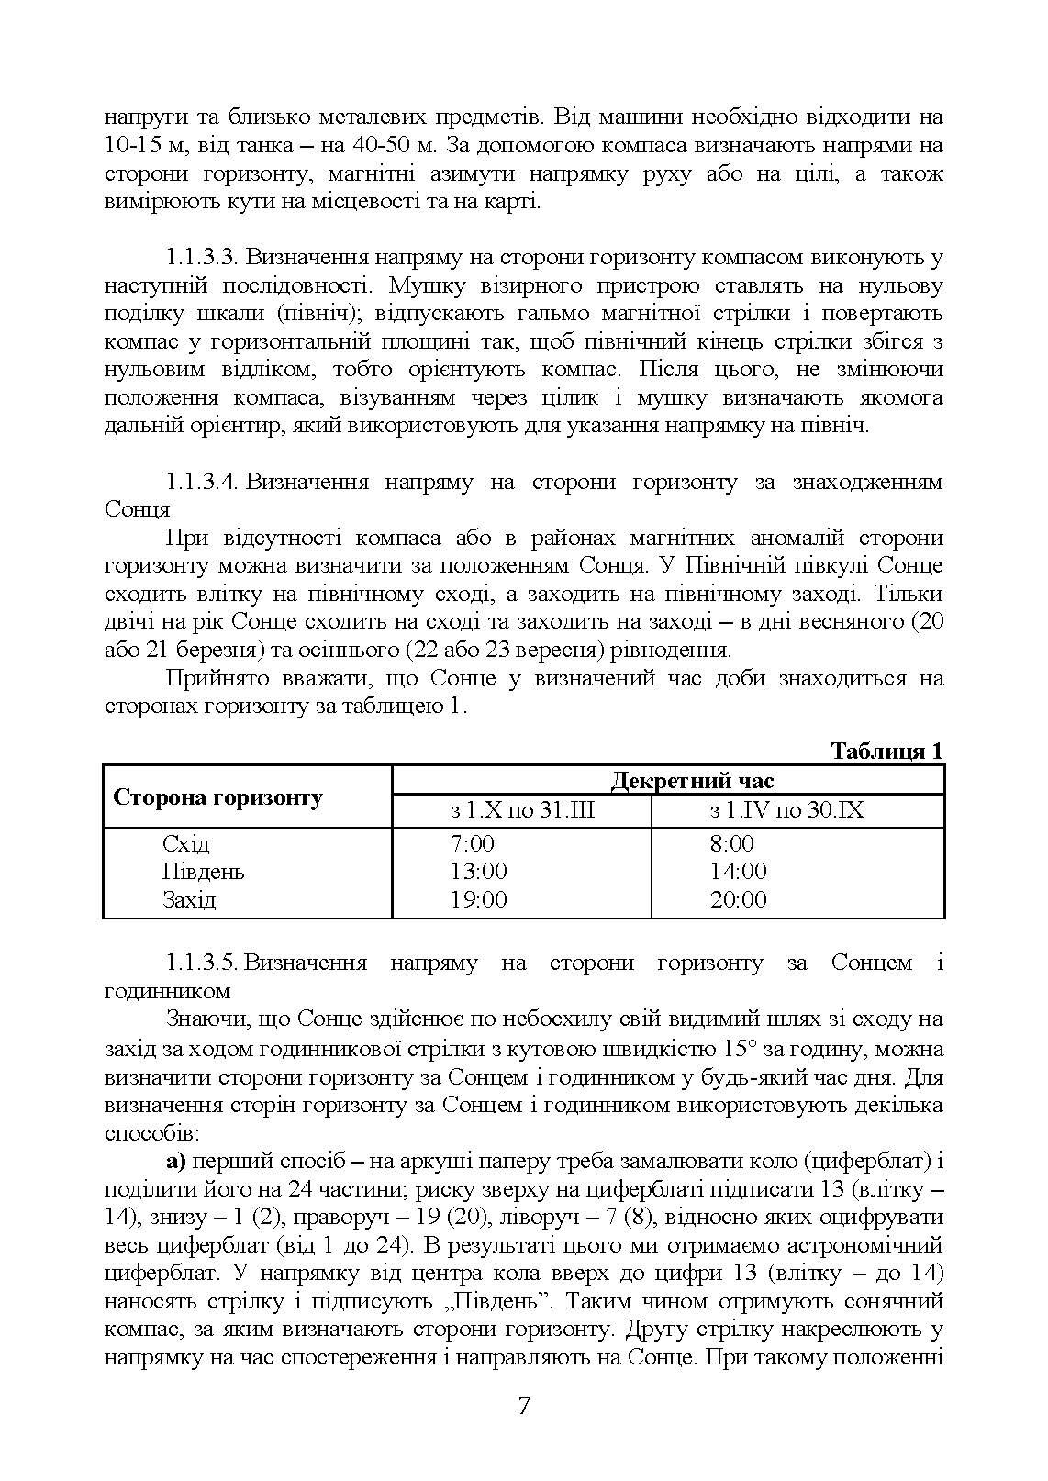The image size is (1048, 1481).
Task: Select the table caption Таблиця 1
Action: [x=886, y=751]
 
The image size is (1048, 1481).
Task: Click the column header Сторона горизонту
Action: [x=217, y=796]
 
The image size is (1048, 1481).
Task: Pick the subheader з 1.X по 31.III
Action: [x=521, y=811]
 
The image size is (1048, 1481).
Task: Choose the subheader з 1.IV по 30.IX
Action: [x=786, y=811]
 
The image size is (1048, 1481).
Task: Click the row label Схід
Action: [x=186, y=843]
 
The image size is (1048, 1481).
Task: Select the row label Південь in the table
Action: [x=203, y=871]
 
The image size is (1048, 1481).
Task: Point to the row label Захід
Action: [x=189, y=899]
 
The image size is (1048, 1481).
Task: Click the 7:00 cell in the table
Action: [x=472, y=843]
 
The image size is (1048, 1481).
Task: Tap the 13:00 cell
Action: [x=478, y=871]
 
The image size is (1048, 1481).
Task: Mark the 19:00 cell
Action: [x=478, y=899]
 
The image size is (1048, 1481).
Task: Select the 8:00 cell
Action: [x=731, y=843]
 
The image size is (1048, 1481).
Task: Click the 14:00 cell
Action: [x=738, y=871]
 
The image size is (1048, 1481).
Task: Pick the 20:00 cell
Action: [x=738, y=899]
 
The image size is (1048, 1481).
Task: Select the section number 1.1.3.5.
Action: [x=203, y=963]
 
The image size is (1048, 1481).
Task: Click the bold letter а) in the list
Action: [x=176, y=1162]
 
